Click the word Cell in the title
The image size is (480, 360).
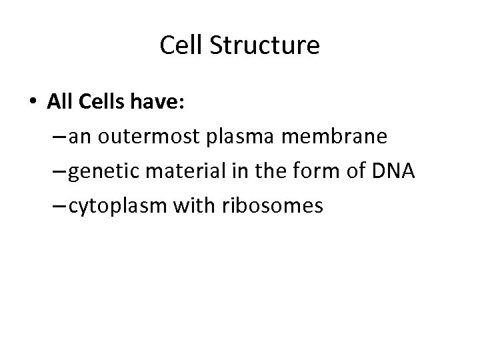tap(177, 46)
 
